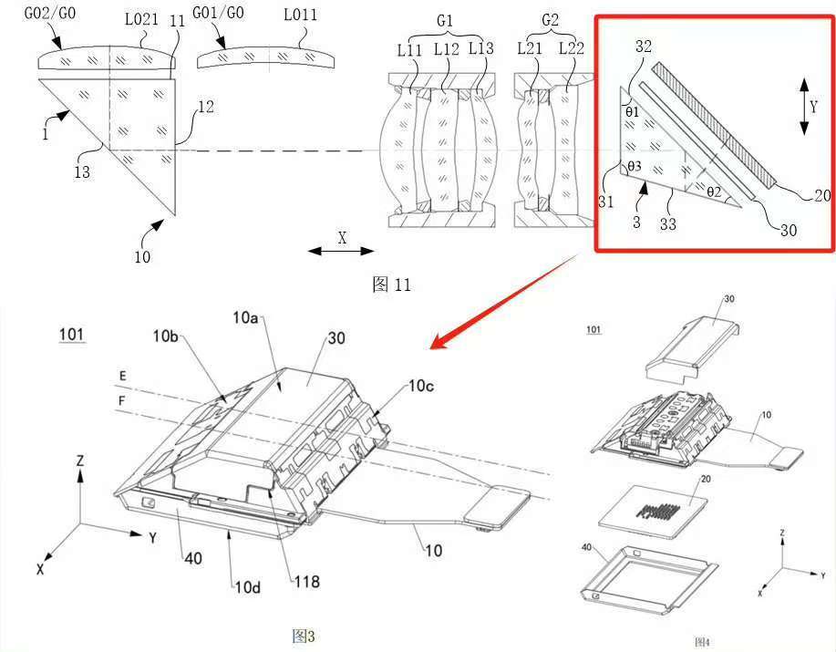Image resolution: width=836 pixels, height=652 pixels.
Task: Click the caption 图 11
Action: pyautogui.click(x=391, y=285)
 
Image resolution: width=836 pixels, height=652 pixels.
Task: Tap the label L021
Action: pyautogui.click(x=141, y=20)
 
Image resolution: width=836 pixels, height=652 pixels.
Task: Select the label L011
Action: pyautogui.click(x=300, y=15)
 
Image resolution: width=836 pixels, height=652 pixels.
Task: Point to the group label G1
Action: pyautogui.click(x=445, y=21)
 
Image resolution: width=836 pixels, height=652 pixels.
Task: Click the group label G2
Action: pyautogui.click(x=550, y=20)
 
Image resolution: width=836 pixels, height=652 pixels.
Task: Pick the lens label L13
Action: pyautogui.click(x=481, y=48)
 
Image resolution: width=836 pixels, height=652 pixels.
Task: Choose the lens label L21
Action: pyautogui.click(x=530, y=48)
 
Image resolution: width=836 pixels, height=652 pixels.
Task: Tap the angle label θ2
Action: pyautogui.click(x=714, y=191)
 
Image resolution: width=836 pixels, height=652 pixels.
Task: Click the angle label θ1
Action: pyautogui.click(x=632, y=112)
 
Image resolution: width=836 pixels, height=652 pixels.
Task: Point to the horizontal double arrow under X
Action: pyautogui.click(x=341, y=251)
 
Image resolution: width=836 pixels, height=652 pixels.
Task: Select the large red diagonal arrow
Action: pyautogui.click(x=504, y=302)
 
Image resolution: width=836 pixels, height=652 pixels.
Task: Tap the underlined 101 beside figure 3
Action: pyautogui.click(x=71, y=335)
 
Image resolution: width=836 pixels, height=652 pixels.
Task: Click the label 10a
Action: pyautogui.click(x=245, y=317)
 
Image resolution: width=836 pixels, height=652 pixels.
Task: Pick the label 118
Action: pyautogui.click(x=306, y=581)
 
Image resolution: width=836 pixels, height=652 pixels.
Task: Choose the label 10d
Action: pyautogui.click(x=248, y=587)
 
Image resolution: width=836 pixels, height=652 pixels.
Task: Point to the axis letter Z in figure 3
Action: pyautogui.click(x=80, y=461)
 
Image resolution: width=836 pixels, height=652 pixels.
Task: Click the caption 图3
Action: pyautogui.click(x=304, y=636)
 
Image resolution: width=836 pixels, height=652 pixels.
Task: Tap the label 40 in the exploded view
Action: pyautogui.click(x=586, y=547)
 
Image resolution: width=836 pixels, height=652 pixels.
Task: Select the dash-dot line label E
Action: pyautogui.click(x=123, y=377)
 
